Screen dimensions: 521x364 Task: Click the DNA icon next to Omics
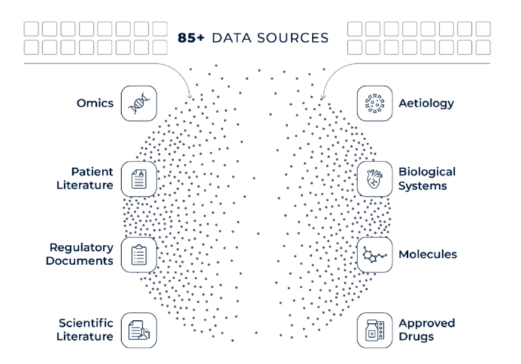pyautogui.click(x=139, y=103)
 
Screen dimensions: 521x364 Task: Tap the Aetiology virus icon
pyautogui.click(x=374, y=103)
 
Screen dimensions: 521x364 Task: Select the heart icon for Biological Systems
pyautogui.click(x=374, y=179)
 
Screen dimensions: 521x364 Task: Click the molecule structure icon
pyautogui.click(x=374, y=255)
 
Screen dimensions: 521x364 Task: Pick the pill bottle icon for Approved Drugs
pyautogui.click(x=374, y=330)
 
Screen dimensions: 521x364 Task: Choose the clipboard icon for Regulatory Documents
pyautogui.click(x=139, y=255)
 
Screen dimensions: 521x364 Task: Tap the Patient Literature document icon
pyautogui.click(x=139, y=179)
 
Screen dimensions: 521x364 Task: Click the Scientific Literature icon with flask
pyautogui.click(x=139, y=330)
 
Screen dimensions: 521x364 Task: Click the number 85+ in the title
pyautogui.click(x=191, y=38)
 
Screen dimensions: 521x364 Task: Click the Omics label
pyautogui.click(x=95, y=103)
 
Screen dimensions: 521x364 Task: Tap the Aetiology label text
pyautogui.click(x=426, y=103)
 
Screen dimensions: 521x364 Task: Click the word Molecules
pyautogui.click(x=428, y=255)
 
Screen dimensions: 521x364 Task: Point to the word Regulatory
pyautogui.click(x=81, y=248)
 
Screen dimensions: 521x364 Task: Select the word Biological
pyautogui.click(x=427, y=172)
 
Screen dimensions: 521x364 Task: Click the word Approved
pyautogui.click(x=426, y=324)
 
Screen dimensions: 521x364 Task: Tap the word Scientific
pyautogui.click(x=86, y=323)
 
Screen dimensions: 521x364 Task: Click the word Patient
pyautogui.click(x=92, y=171)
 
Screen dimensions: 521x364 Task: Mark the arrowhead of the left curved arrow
pyautogui.click(x=190, y=97)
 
